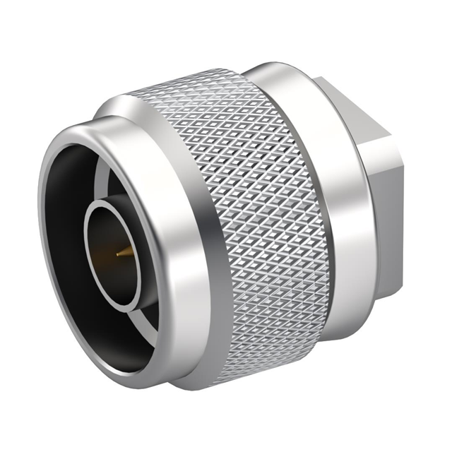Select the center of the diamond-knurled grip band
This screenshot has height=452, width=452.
[268, 226]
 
